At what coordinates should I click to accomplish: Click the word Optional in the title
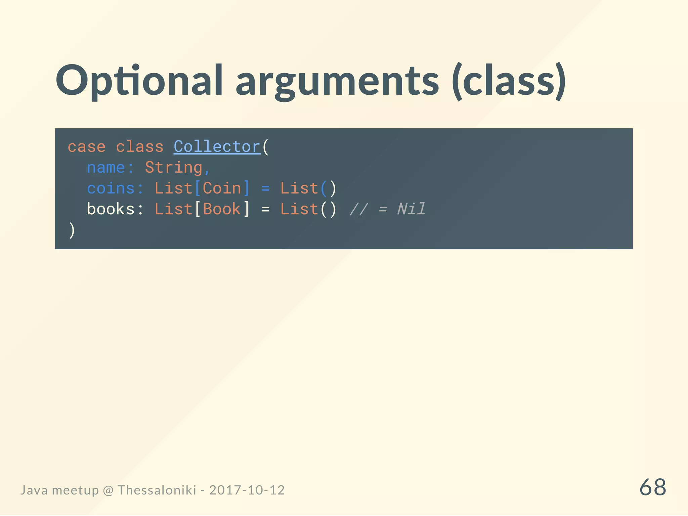point(139,81)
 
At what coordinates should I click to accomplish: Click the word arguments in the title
point(337,82)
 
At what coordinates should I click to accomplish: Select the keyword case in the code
point(86,147)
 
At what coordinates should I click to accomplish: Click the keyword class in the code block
point(139,147)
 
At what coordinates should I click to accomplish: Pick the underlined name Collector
point(217,147)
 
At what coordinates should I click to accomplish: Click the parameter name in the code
point(105,167)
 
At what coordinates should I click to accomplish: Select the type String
point(173,167)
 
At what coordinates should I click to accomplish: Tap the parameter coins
point(111,188)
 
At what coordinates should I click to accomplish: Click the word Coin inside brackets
point(222,188)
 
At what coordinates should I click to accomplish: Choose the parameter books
point(111,209)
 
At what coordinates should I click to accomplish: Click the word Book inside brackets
point(222,209)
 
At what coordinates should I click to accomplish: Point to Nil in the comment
point(411,209)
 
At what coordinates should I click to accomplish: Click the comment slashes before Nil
point(358,209)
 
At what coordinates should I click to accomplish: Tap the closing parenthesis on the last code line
point(72,230)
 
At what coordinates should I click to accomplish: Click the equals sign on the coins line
point(265,188)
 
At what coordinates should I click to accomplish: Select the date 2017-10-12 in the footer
point(247,490)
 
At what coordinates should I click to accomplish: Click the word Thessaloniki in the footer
point(157,490)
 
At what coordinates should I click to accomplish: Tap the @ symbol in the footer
point(108,490)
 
